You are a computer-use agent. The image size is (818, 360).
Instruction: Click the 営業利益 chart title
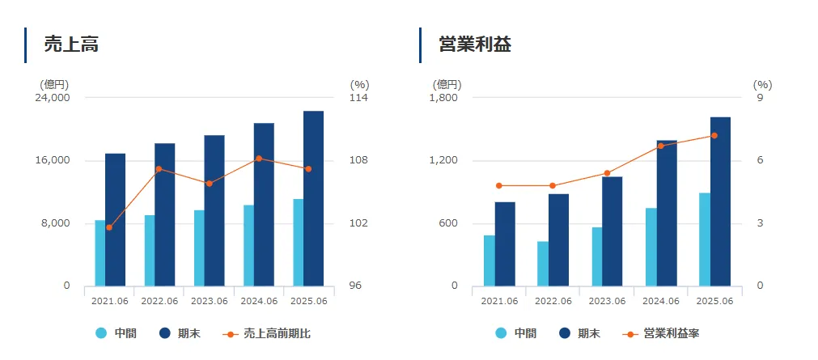click(x=475, y=44)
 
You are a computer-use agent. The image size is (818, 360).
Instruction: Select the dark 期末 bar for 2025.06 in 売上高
click(x=313, y=198)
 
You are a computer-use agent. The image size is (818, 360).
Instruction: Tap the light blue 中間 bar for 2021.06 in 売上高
click(x=100, y=253)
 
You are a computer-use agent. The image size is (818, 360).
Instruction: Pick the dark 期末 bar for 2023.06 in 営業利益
click(x=612, y=231)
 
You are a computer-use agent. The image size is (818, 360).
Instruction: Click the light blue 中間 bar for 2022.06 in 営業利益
click(x=542, y=264)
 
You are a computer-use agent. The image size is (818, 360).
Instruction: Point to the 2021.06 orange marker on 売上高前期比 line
click(x=109, y=227)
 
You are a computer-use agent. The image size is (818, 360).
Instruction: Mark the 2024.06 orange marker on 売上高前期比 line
click(x=258, y=159)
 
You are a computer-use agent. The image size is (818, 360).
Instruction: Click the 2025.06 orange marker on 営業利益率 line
click(x=714, y=136)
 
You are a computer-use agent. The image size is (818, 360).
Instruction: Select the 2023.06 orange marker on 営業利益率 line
click(x=607, y=173)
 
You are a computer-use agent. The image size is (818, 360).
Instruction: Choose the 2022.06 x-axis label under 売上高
click(x=159, y=301)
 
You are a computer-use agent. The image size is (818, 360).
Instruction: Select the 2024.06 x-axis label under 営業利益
click(x=661, y=301)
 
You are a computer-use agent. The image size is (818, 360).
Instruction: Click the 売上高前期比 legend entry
click(x=267, y=333)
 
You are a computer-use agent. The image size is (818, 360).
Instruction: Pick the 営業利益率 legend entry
click(x=663, y=333)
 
